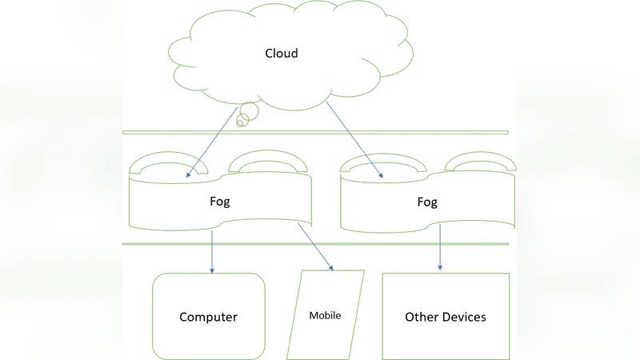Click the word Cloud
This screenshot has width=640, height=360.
[282, 54]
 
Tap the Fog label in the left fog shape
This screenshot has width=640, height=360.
[219, 202]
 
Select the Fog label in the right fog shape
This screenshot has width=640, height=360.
[427, 202]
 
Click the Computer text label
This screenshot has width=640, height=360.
[208, 317]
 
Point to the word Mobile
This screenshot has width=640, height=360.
[325, 315]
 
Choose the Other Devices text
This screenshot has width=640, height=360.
[445, 317]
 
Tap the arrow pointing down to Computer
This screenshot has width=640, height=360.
[212, 251]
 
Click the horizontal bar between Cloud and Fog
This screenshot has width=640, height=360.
[315, 132]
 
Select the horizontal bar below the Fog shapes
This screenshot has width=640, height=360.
[315, 244]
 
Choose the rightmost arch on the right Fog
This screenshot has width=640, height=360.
[478, 162]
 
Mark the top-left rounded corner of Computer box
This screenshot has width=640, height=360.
[158, 278]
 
